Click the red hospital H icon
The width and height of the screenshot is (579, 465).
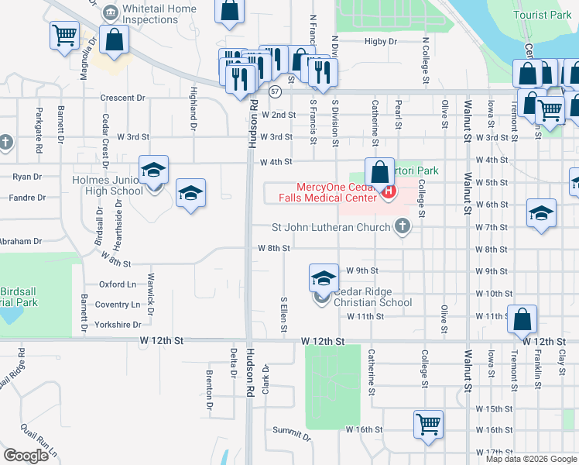tap(389, 191)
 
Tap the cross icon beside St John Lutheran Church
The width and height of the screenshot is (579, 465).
tap(402, 226)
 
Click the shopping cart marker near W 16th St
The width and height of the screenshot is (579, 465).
tap(428, 425)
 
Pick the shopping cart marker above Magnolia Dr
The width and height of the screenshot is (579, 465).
tap(64, 34)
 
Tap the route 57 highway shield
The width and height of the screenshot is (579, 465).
tap(275, 91)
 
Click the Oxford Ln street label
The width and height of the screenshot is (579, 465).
tap(117, 284)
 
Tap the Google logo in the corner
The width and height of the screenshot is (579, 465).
tap(26, 456)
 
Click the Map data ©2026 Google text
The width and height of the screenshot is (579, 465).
tap(530, 459)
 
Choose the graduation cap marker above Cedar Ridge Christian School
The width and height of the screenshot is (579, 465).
tap(324, 277)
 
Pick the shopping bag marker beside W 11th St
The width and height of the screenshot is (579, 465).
tap(522, 318)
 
